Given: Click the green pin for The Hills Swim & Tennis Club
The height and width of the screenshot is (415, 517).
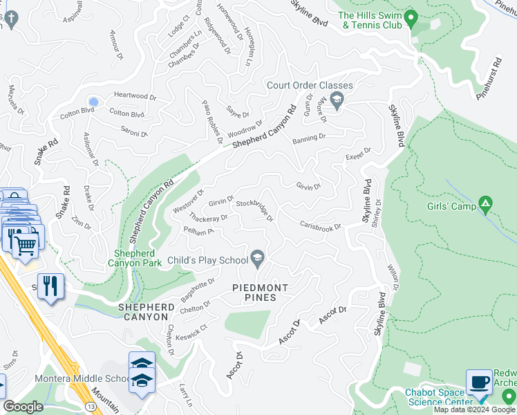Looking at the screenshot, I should tap(412, 17).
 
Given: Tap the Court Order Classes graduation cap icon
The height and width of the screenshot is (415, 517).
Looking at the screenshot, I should tap(336, 101).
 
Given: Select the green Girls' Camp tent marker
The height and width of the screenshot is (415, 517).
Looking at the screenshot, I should tap(486, 204).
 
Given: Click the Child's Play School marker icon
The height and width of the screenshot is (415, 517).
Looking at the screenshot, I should tap(258, 259).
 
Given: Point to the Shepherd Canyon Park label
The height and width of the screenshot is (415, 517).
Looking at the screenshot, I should tap(135, 258).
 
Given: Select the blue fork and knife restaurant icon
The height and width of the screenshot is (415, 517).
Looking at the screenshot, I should tap(50, 286).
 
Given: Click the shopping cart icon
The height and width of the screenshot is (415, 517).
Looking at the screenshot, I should tap(26, 243).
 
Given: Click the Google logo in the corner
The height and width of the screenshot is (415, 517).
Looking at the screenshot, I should tap(23, 407).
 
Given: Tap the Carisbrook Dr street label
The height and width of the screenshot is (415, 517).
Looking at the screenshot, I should tap(321, 226).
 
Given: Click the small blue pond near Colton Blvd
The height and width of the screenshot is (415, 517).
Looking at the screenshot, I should tap(93, 102).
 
